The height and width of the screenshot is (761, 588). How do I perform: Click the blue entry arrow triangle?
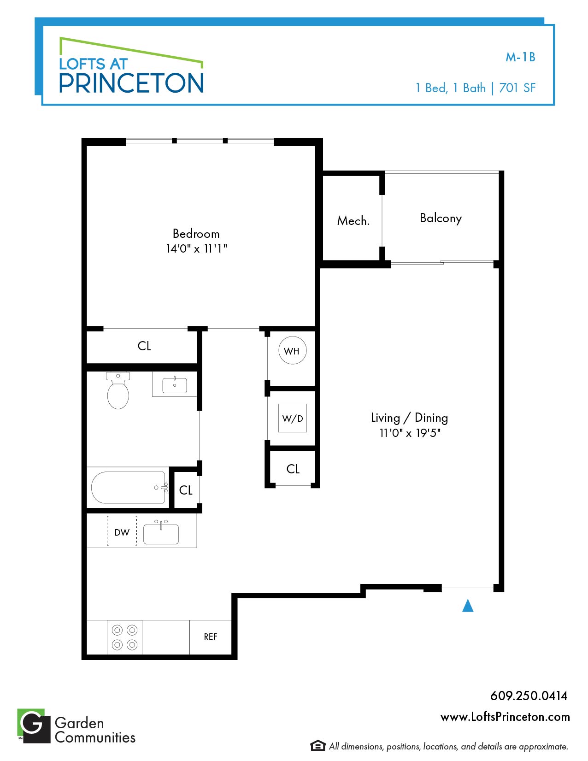468,606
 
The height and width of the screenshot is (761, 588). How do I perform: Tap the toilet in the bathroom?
118,390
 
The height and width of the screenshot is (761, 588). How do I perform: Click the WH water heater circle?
292,351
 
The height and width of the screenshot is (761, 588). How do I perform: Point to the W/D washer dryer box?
293,418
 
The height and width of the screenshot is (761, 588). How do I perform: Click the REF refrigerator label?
210,637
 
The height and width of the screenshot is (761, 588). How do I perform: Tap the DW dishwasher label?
122,533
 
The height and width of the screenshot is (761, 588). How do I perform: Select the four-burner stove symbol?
124,637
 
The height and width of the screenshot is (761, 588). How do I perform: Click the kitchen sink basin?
161,533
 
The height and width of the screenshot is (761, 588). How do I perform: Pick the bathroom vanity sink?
175,385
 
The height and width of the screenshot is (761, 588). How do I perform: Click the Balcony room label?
441,218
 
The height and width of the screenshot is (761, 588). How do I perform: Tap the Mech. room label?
353,221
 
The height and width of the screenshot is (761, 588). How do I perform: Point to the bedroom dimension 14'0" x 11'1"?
196,248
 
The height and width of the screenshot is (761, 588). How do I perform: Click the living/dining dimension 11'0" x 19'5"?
410,433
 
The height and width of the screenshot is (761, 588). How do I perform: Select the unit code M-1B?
520,57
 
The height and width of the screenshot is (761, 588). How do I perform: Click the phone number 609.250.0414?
529,696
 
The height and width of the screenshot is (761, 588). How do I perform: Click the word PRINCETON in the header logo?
131,83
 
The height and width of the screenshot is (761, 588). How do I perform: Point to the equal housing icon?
318,746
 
